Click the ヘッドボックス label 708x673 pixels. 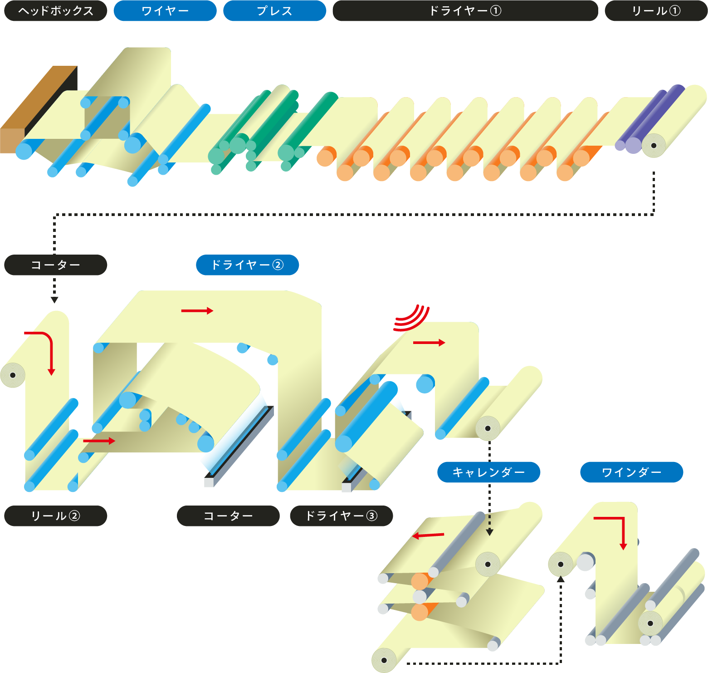pos(55,11)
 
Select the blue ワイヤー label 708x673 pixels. pos(165,11)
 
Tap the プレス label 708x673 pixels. pos(274,11)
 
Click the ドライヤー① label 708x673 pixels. pos(465,11)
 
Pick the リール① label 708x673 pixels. pos(656,11)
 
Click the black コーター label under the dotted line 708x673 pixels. pos(55,265)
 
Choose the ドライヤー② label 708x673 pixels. pos(247,265)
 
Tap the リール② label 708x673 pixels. pos(55,516)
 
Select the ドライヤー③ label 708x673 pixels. pos(341,516)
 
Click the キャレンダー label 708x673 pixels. pos(488,472)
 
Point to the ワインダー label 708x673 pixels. pos(631,472)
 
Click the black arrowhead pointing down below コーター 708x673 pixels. pos(54,300)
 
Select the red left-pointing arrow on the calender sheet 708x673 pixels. pos(428,535)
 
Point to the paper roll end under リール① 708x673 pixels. pos(654,146)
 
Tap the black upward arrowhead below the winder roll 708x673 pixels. pos(561,579)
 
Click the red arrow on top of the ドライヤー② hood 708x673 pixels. pos(197,311)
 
